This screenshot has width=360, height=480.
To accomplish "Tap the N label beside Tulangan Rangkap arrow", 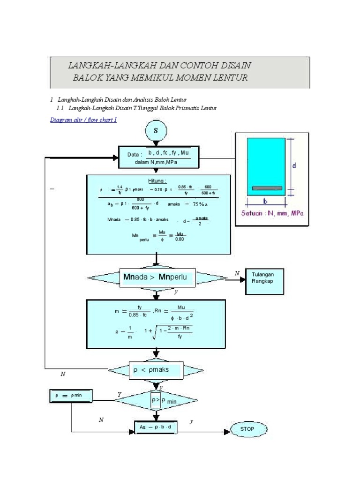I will coord(237,273).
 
